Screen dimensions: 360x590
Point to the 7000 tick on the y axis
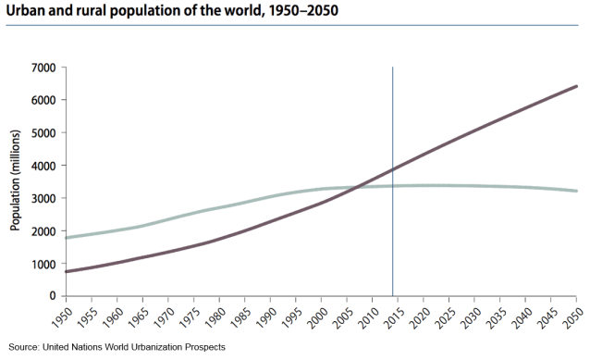pyautogui.click(x=43, y=68)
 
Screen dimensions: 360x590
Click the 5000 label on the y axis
pyautogui.click(x=43, y=132)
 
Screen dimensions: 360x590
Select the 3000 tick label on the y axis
pyautogui.click(x=43, y=198)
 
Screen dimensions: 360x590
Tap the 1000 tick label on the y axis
pyautogui.click(x=43, y=264)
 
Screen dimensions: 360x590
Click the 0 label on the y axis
pyautogui.click(x=52, y=296)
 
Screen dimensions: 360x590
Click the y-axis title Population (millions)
pyautogui.click(x=15, y=181)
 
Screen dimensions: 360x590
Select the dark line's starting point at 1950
pyautogui.click(x=66, y=271)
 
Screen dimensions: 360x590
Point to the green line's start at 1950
pyautogui.click(x=66, y=238)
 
